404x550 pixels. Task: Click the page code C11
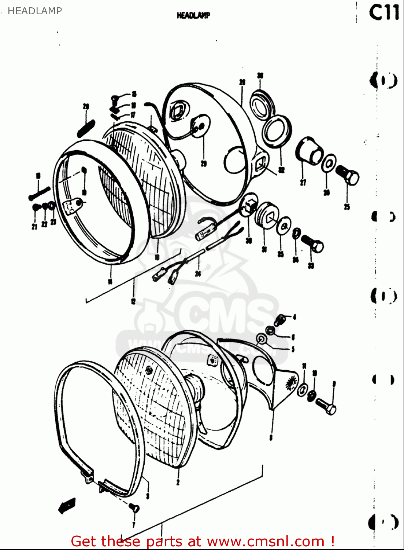pos(383,13)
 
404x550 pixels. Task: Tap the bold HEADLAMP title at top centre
pos(193,15)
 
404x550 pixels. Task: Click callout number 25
pos(347,207)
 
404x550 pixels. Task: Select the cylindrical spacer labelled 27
pos(309,151)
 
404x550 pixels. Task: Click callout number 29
pos(204,164)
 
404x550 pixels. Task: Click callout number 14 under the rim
pos(110,281)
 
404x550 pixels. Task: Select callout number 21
pos(34,227)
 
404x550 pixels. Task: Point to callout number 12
pos(133,301)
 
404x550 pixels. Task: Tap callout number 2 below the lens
pos(178,482)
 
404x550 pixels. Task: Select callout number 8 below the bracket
pos(271,437)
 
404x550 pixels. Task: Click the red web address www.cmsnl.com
pos(266,541)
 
